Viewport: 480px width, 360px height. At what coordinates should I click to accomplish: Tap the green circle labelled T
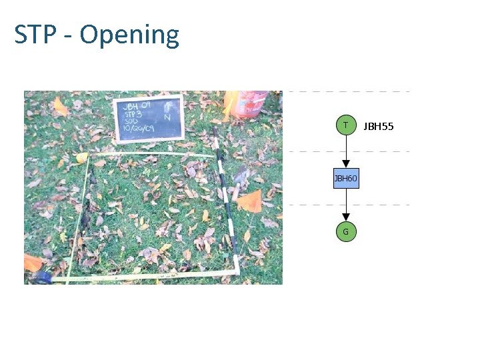(x=345, y=125)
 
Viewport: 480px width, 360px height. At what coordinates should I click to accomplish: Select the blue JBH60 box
(x=345, y=178)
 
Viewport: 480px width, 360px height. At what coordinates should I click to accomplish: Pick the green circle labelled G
(x=345, y=231)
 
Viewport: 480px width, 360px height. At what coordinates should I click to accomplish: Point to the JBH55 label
(x=379, y=125)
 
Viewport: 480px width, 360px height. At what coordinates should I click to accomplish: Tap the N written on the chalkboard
(x=167, y=117)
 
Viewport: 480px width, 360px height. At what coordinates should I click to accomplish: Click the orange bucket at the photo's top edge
(x=248, y=103)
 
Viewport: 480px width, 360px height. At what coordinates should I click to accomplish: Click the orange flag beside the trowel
(x=251, y=201)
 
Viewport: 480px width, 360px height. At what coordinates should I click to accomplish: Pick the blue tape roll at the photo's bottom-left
(x=43, y=277)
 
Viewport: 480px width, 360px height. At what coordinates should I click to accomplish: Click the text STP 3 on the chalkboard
(x=133, y=113)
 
